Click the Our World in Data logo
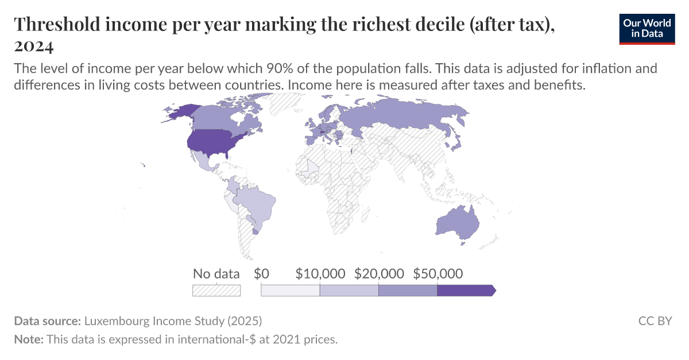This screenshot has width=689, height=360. (647, 28)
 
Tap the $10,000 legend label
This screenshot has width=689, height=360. (320, 274)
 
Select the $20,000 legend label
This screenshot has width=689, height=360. (379, 274)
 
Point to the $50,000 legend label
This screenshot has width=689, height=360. (438, 274)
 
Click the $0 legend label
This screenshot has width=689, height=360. (261, 274)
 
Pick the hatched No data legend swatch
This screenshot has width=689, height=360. (216, 291)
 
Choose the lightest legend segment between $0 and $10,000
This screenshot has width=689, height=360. (290, 291)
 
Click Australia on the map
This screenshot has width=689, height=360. (457, 223)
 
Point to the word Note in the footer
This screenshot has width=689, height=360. (28, 339)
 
